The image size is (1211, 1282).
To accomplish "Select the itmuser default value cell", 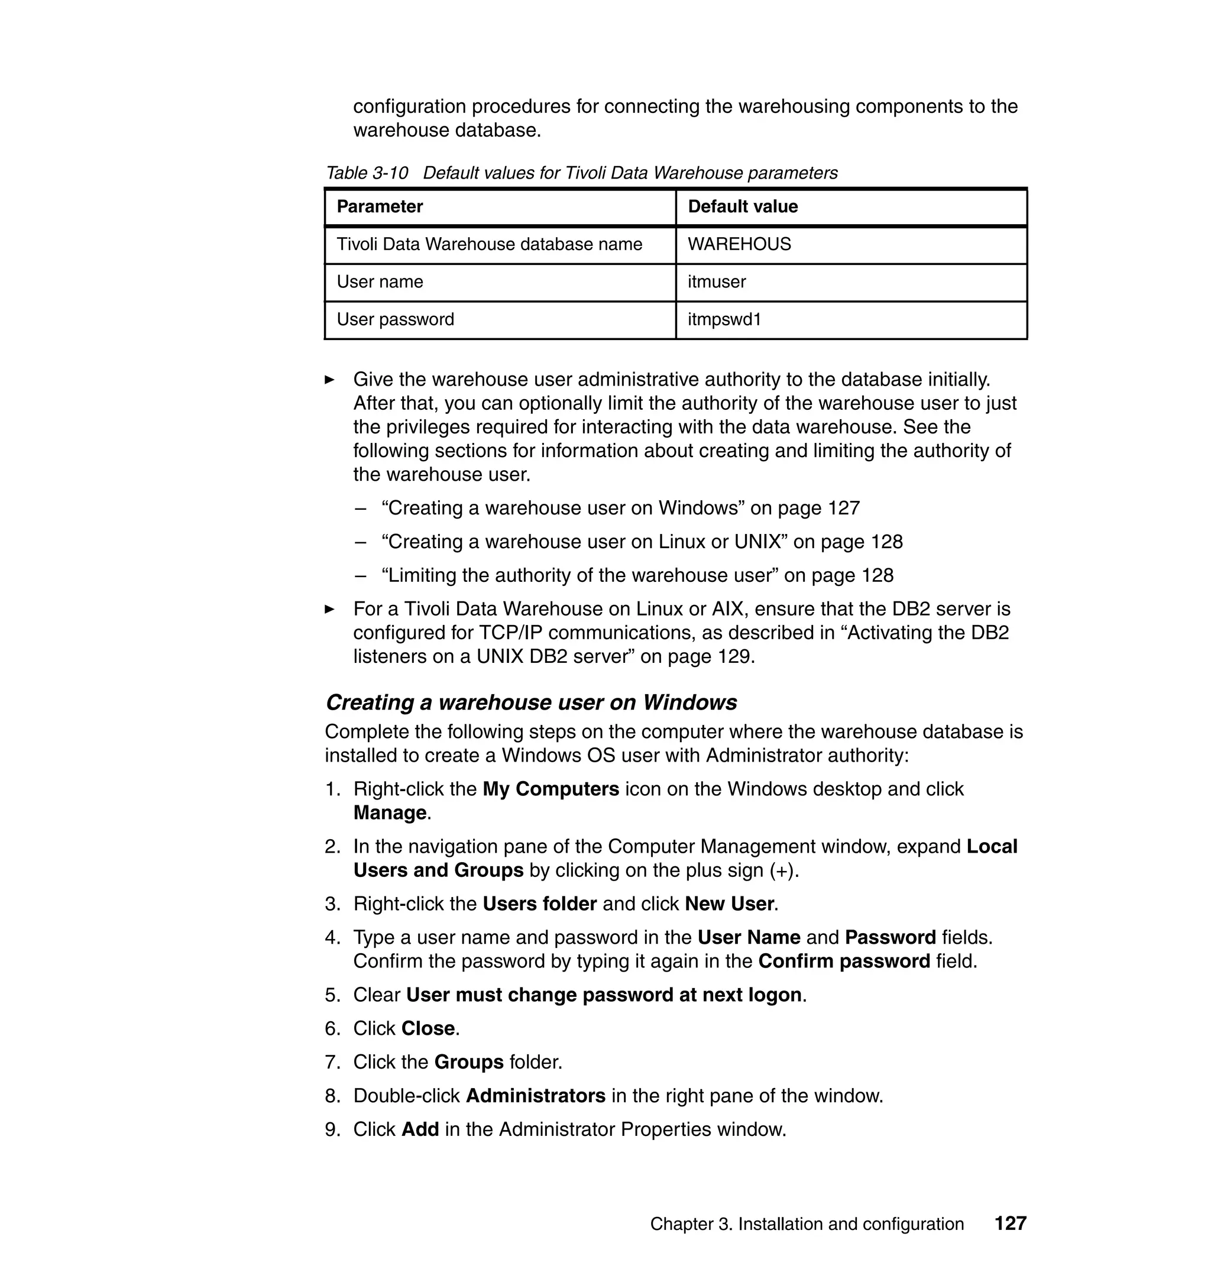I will click(717, 281).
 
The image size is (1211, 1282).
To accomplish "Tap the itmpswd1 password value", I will click(724, 319).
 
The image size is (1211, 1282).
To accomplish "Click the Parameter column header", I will click(380, 206).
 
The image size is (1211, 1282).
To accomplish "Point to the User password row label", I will click(395, 319).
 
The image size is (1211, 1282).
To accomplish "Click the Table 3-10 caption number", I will click(367, 173).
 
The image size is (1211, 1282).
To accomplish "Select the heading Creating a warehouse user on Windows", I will click(530, 702).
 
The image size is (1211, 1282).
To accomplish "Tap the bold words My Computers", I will click(551, 789).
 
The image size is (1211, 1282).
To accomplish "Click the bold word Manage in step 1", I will click(390, 812).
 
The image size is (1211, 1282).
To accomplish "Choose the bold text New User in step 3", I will click(729, 904).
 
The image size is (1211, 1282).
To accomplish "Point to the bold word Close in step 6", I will click(428, 1028).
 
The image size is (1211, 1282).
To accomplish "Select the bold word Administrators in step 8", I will click(535, 1096).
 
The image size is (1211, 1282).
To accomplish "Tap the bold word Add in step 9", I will click(420, 1129).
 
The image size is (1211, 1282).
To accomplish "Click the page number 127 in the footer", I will click(1010, 1223).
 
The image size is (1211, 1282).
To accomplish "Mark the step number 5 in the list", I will click(331, 995).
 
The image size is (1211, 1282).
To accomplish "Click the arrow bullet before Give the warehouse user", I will click(329, 380).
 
